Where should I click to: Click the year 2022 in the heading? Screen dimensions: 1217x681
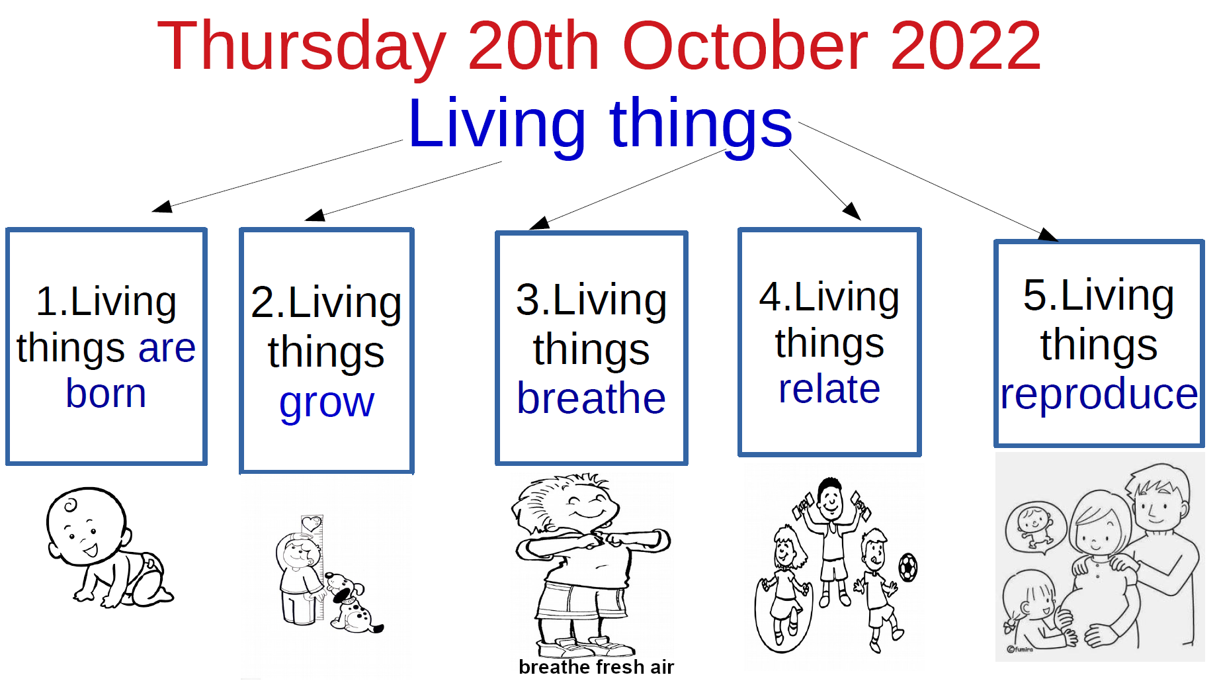(966, 46)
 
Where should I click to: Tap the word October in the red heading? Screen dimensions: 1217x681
(745, 46)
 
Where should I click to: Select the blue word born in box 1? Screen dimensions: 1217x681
(106, 393)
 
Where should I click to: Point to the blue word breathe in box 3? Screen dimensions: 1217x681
(591, 398)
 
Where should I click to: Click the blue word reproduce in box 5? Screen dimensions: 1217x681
(1099, 395)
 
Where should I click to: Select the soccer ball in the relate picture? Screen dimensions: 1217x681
(907, 567)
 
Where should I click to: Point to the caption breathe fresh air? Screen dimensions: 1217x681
(596, 666)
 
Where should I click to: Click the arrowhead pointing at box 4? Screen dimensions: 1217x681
(852, 211)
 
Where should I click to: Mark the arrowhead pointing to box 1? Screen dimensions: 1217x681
(163, 206)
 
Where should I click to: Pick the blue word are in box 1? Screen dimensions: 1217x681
(167, 348)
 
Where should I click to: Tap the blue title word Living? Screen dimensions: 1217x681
(497, 124)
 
